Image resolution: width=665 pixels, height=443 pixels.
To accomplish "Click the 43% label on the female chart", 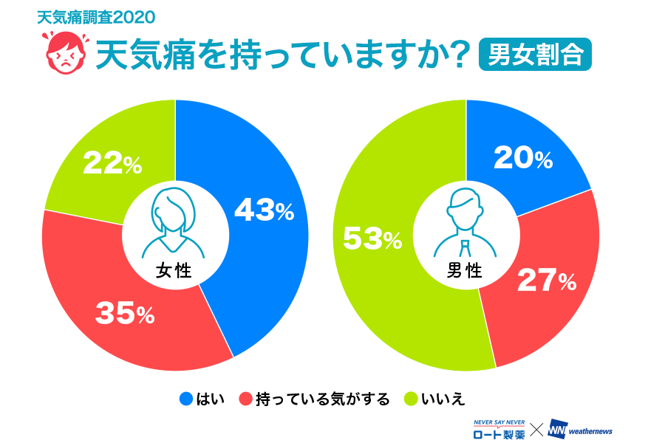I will (264, 212).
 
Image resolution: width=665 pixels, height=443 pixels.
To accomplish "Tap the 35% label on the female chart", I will (125, 315).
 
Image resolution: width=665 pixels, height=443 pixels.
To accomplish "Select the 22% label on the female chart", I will (112, 164).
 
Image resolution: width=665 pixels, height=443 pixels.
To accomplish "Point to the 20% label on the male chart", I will (522, 157).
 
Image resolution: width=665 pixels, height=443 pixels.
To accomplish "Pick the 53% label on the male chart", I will (372, 238).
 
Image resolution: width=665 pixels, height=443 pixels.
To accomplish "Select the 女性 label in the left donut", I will (174, 271).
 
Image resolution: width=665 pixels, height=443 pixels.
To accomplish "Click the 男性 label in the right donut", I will (465, 271).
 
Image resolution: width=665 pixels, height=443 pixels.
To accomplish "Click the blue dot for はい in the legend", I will (186, 399).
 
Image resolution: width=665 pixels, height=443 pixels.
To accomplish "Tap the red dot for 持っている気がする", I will (245, 399).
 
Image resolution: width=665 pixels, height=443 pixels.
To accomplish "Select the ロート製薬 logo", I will (499, 430).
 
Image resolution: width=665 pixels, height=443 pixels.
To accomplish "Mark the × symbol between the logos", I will (537, 429).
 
